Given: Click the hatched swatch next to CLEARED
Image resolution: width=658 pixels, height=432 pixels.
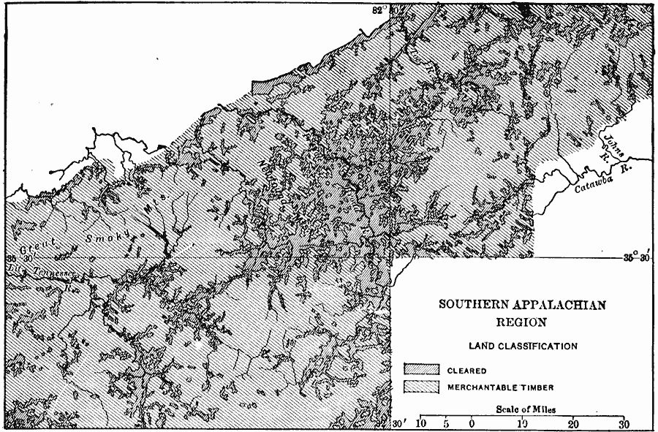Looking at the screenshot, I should [x=421, y=369].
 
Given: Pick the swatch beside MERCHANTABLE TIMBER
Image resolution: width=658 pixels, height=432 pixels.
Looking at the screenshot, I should [x=421, y=386].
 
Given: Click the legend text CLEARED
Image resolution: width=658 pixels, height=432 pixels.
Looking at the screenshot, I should [x=467, y=369].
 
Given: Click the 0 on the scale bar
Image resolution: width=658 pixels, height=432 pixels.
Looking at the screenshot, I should [x=472, y=422].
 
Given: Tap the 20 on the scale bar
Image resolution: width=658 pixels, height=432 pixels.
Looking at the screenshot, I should [x=572, y=422].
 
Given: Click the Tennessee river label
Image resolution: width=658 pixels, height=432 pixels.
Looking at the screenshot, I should [x=46, y=270].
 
